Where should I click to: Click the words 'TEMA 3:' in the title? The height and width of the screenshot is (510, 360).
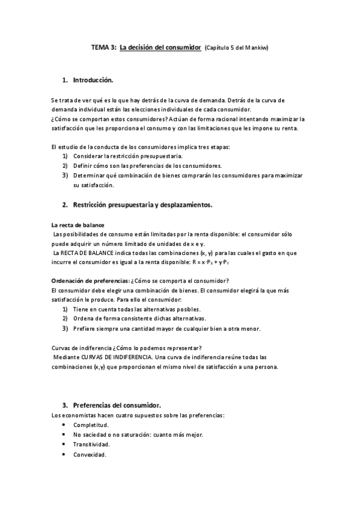coord(104,47)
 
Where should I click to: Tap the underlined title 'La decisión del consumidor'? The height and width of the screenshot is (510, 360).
coord(160,47)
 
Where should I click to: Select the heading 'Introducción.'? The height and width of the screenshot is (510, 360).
coord(93,80)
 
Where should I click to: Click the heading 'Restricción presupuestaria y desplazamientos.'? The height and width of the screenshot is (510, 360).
coord(142,205)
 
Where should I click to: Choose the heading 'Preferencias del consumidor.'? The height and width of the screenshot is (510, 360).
coord(117,405)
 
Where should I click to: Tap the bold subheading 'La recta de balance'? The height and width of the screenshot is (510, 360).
coord(78,225)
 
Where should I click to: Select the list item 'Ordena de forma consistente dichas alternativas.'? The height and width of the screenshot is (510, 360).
coord(139,318)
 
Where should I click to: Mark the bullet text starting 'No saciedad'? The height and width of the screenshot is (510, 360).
coord(138,434)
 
